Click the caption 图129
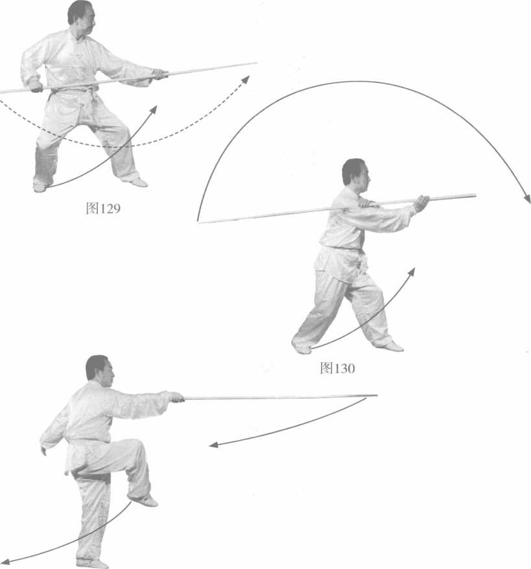pos(103,208)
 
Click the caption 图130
pos(337,368)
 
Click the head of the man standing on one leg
pos(100,371)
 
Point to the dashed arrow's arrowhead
pos(246,80)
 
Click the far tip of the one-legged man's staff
pos(377,395)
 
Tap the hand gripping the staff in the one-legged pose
pos(177,397)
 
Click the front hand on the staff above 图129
pos(160,74)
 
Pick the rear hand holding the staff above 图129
pos(36,86)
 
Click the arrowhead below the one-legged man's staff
pos(213,445)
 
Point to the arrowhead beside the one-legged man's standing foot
pos(5,562)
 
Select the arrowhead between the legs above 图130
pos(411,272)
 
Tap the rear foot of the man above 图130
pos(301,347)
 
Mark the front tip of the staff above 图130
pos(475,196)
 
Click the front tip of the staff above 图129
pos(256,63)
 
